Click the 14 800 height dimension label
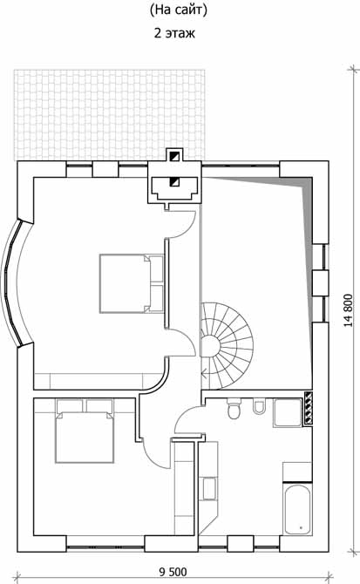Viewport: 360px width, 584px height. pos(348,310)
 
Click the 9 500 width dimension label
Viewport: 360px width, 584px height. pos(173,572)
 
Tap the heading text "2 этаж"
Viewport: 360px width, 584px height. pos(174,33)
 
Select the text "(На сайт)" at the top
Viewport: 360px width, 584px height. pos(179,10)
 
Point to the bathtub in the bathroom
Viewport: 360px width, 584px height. pos(298,509)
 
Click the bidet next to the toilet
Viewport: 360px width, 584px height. pos(258,406)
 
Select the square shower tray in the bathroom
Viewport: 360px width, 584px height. pos(287,412)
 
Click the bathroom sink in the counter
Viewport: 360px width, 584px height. pos(209,488)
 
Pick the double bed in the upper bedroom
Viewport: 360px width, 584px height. pos(132,283)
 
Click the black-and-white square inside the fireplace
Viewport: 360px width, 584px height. pos(174,182)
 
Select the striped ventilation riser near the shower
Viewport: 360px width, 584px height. pos(309,409)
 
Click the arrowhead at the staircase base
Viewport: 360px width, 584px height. pos(204,371)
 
